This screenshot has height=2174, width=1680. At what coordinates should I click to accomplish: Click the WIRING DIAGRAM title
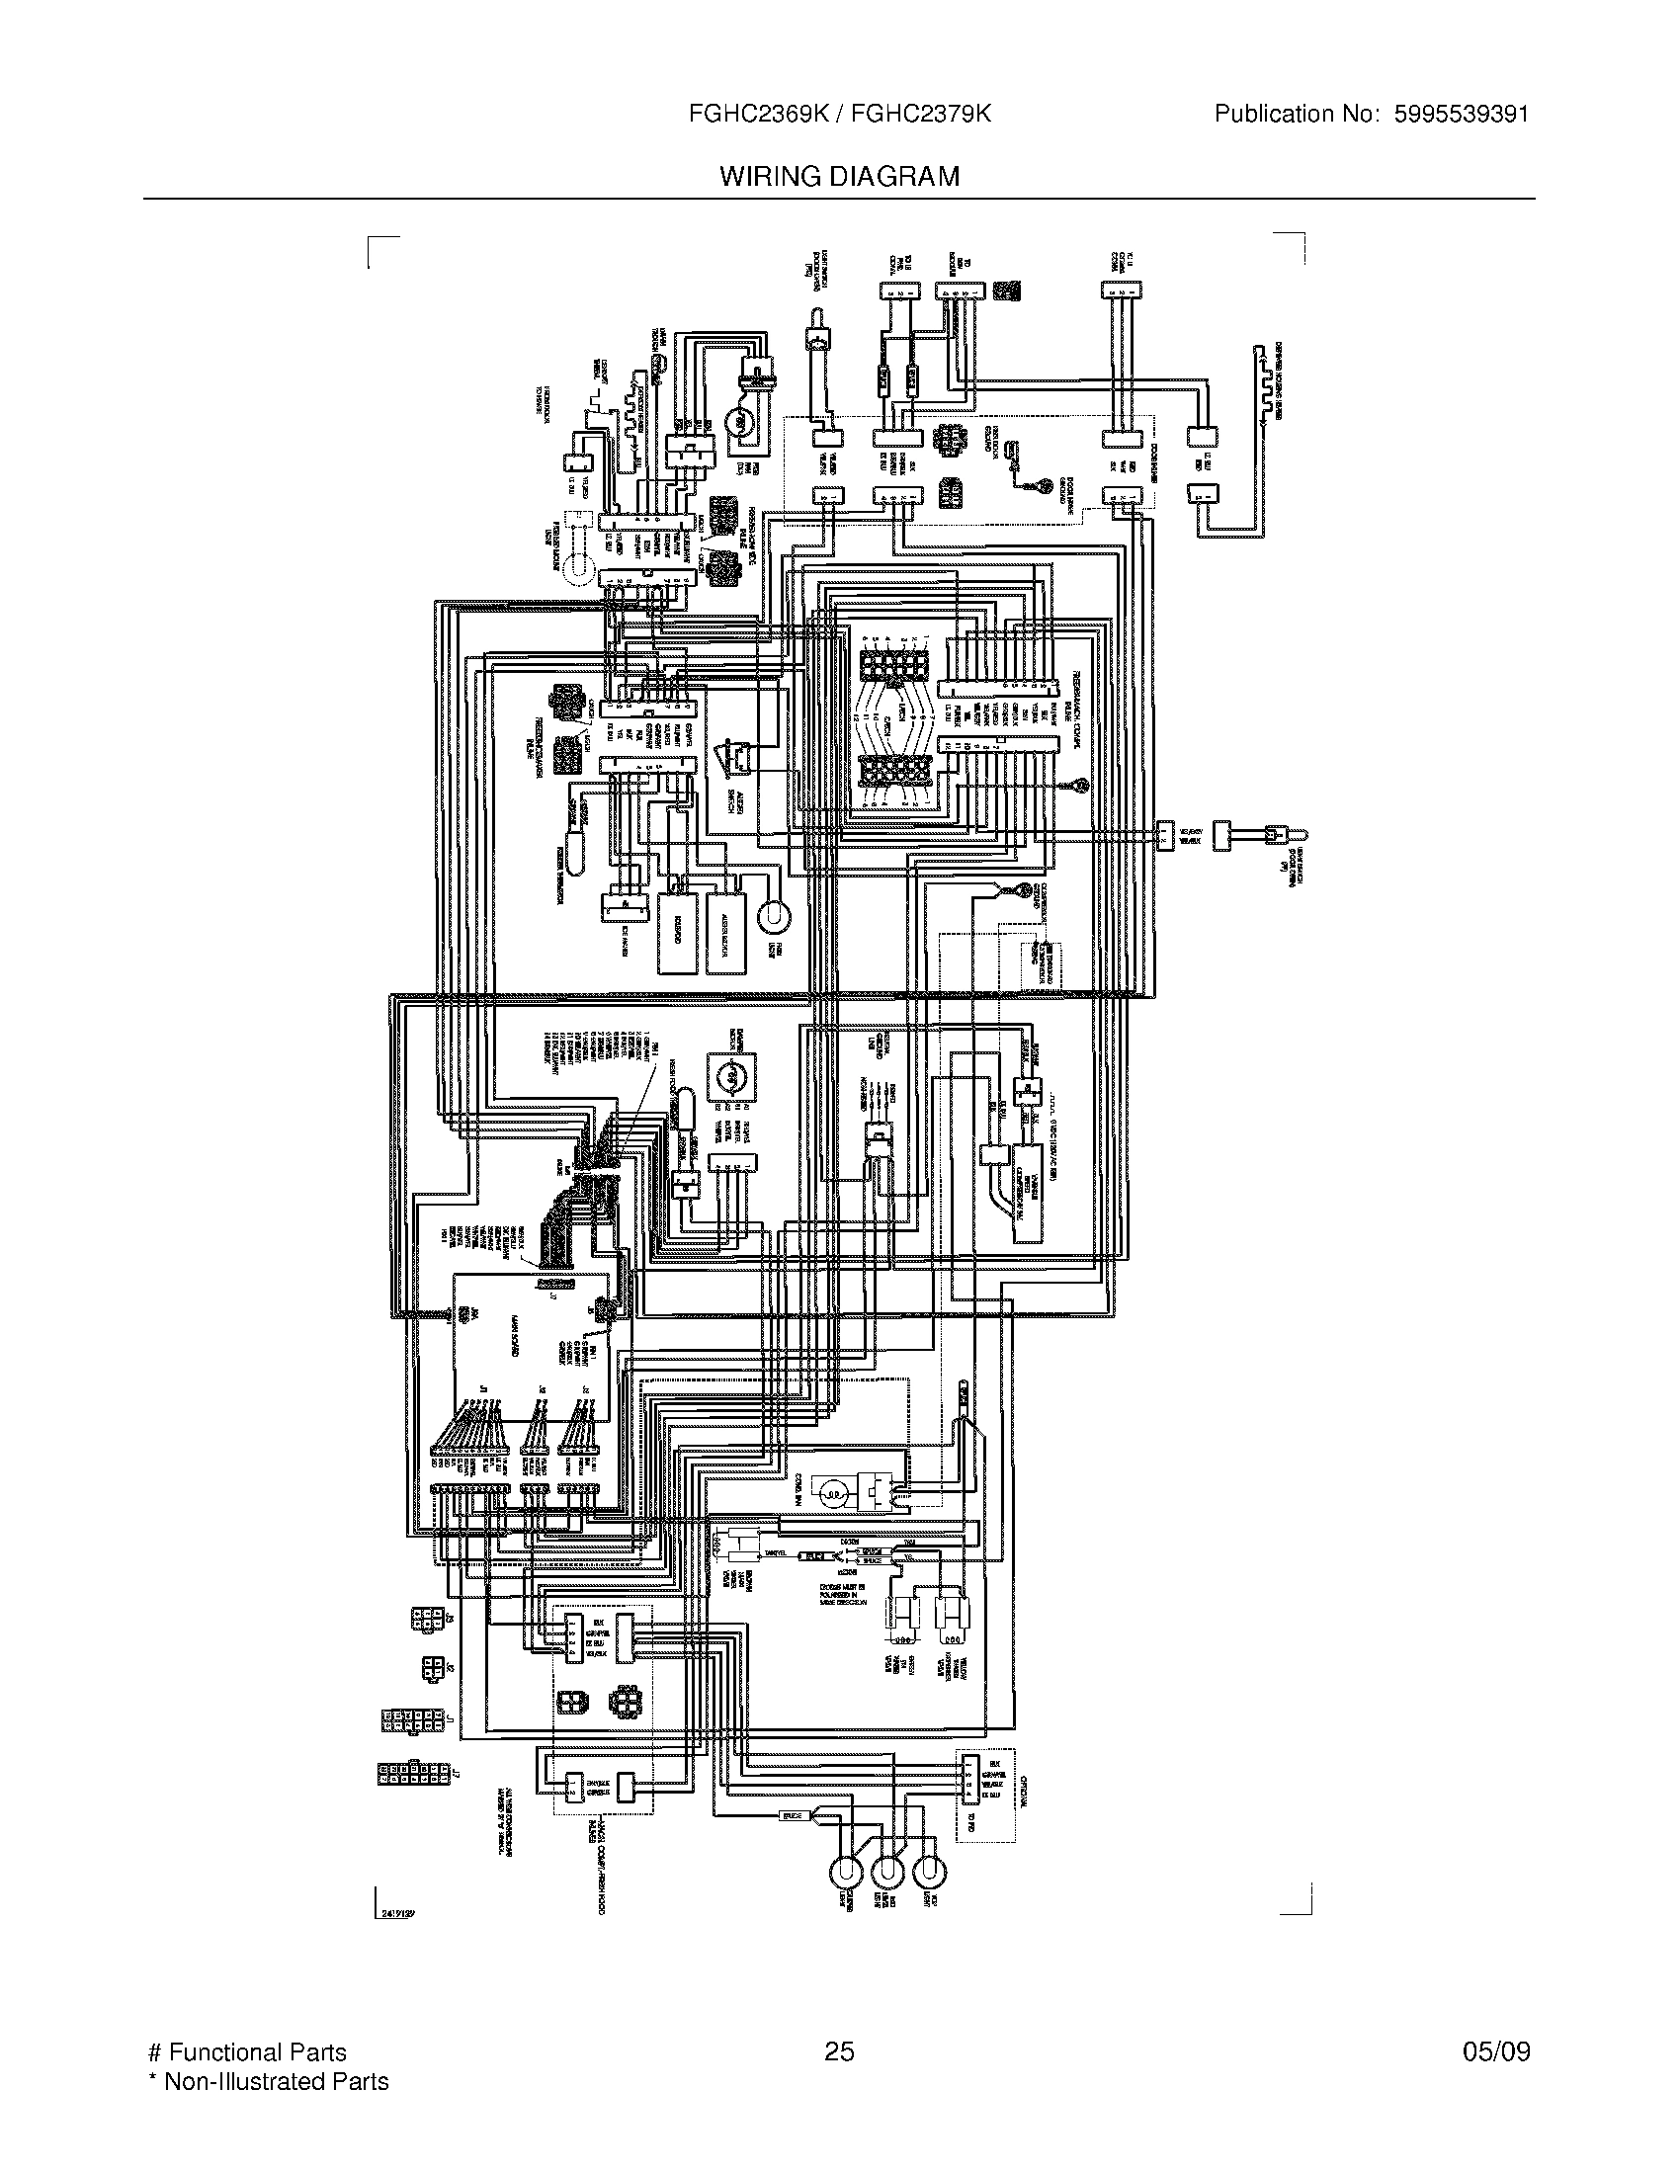tap(839, 176)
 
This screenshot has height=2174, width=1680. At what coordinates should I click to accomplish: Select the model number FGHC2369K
tap(753, 115)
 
